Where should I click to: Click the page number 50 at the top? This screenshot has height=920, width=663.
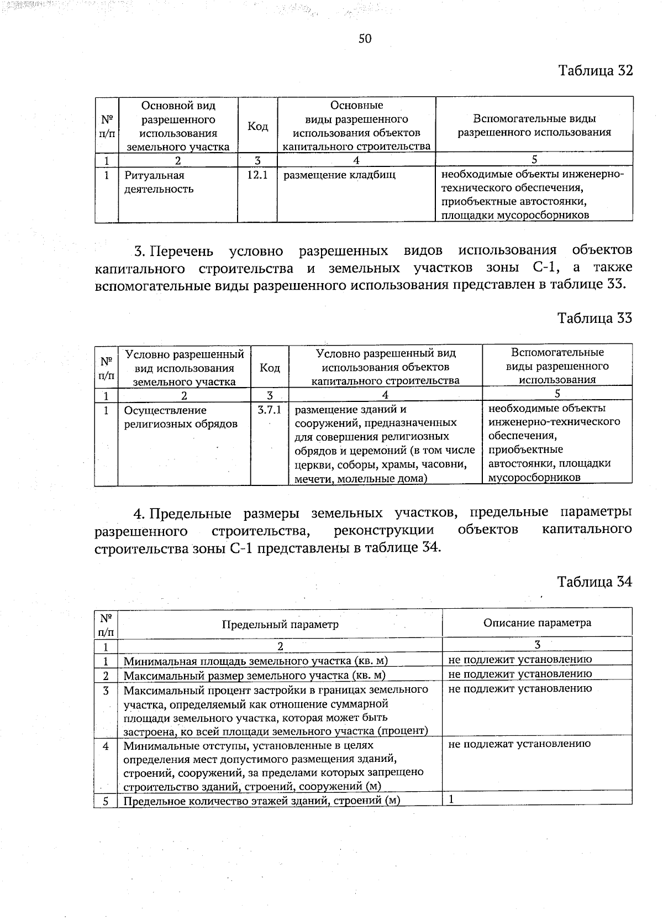365,38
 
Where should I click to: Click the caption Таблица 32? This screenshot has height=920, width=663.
594,71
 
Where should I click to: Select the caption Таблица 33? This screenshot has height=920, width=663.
594,318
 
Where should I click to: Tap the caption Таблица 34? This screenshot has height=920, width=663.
594,582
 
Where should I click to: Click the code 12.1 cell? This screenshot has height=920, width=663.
257,175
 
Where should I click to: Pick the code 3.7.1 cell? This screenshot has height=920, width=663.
270,410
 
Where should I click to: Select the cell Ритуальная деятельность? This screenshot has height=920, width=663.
159,182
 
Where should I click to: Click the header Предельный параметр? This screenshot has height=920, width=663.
280,624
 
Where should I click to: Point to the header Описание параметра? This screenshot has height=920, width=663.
537,623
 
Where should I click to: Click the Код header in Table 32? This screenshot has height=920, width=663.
257,127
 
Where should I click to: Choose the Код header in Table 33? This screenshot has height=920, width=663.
270,368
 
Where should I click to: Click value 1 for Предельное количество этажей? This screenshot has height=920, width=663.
451,799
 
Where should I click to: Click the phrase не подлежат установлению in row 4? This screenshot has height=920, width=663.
519,744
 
